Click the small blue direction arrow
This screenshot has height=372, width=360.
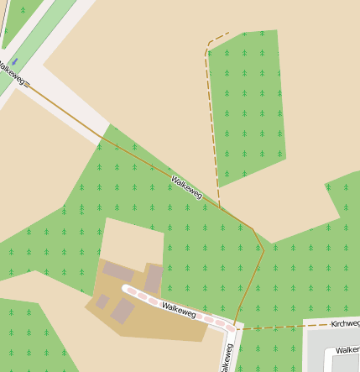point(14,61)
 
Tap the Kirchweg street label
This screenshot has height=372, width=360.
point(345,323)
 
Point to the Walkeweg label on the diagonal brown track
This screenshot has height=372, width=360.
point(186,187)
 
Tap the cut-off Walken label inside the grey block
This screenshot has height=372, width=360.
point(347,350)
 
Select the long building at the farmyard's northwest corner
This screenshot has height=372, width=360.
point(118,272)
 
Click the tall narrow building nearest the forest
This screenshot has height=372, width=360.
point(154,278)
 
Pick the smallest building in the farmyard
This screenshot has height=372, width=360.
point(102,301)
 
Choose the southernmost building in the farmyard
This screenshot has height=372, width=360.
point(123,311)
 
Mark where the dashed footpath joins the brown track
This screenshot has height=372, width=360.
point(221,207)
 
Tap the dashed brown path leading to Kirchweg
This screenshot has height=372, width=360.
point(277,326)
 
